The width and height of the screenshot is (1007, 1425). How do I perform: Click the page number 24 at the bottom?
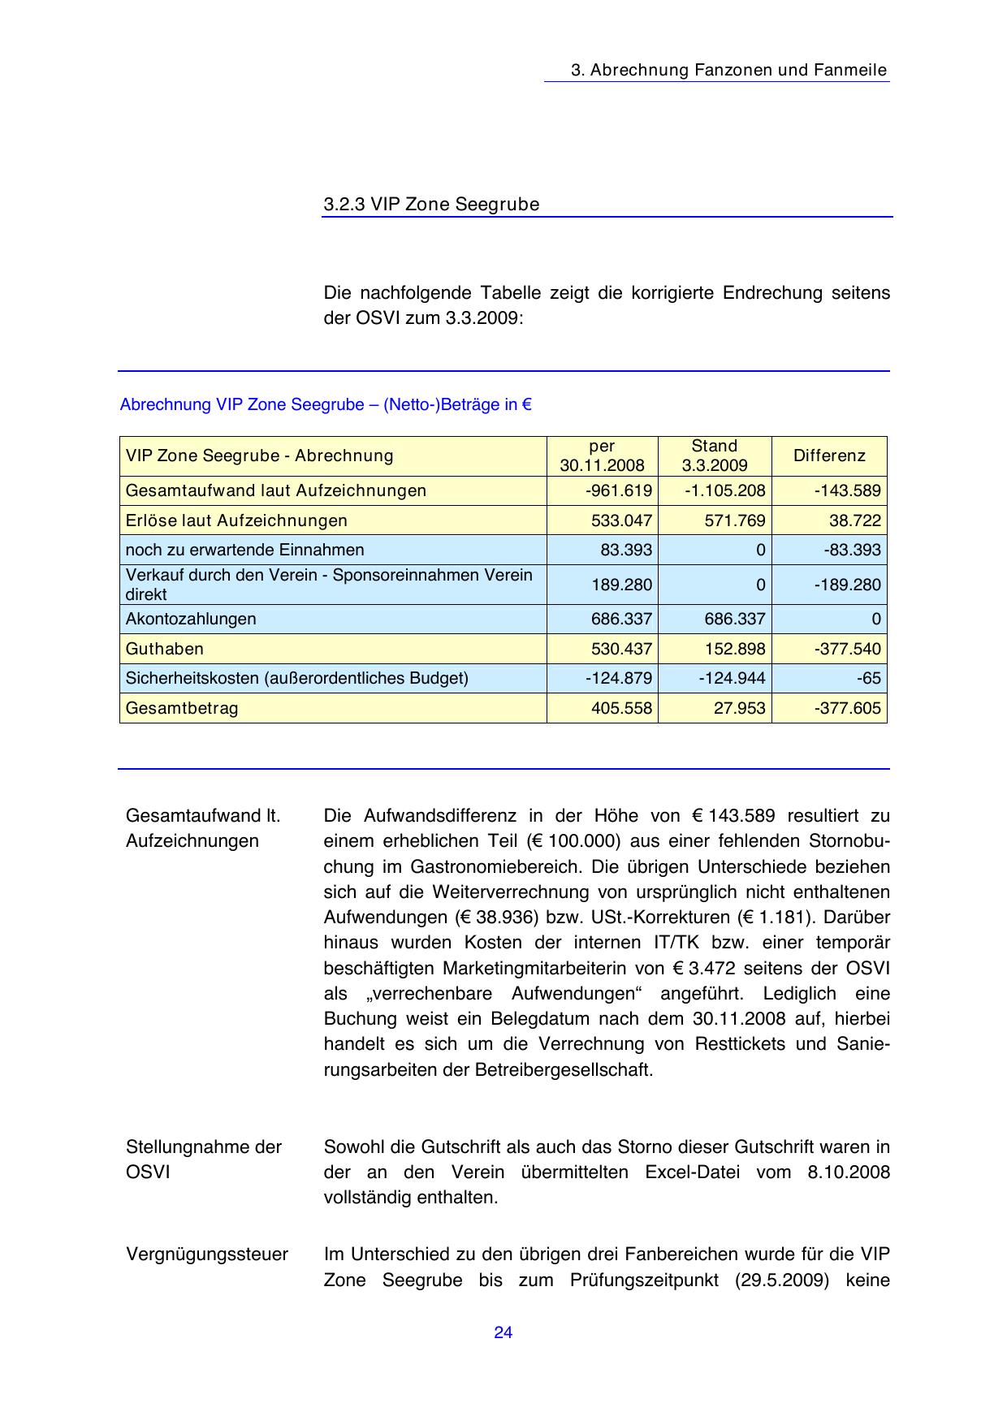503,1332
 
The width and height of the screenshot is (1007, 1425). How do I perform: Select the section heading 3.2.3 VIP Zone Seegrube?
431,205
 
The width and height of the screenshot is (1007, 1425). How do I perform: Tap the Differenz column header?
829,456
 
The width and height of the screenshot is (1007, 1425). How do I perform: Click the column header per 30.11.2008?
602,456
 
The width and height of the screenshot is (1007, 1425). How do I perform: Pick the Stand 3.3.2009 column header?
715,456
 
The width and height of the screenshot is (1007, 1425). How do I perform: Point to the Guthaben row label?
165,649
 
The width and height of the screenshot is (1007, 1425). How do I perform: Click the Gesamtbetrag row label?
182,708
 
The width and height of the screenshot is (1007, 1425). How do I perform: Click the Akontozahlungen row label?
191,619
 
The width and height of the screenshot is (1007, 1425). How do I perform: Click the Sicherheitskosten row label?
296,678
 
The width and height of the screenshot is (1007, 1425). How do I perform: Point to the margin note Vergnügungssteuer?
207,1254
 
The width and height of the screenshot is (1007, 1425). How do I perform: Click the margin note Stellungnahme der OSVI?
203,1159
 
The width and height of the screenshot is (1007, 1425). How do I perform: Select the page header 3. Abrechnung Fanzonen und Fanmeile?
728,70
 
